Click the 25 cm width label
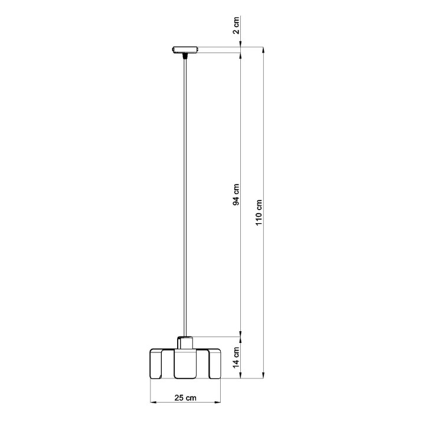[x=187, y=398]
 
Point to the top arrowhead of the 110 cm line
[x=263, y=50]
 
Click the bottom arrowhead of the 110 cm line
[x=263, y=374]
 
